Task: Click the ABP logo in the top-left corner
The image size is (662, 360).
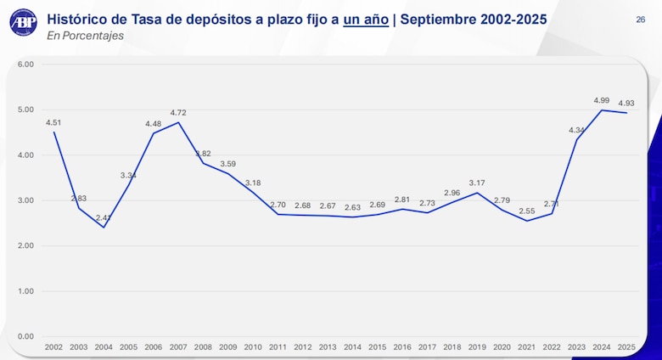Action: (23, 22)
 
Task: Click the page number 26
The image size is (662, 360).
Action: (640, 19)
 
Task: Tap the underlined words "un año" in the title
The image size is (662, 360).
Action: (366, 18)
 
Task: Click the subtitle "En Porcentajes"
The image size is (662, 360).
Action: (85, 36)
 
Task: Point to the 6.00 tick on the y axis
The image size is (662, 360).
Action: (25, 65)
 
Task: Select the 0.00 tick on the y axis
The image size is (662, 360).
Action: (25, 336)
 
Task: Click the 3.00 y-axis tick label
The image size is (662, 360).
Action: (25, 200)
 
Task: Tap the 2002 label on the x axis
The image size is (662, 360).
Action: (53, 347)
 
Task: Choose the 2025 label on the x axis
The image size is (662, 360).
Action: (626, 347)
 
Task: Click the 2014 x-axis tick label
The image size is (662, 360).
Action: (352, 347)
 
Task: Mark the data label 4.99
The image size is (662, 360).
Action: (602, 100)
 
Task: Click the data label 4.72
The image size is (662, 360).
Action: (178, 112)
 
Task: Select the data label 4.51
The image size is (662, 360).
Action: (53, 122)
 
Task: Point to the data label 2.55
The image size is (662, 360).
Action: (527, 211)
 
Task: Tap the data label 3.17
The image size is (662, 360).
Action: (477, 183)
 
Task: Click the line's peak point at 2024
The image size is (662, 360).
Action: (602, 110)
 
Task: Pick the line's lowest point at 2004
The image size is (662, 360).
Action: (104, 227)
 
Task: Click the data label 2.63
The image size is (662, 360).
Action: (352, 207)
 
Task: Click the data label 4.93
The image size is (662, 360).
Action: (626, 103)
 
